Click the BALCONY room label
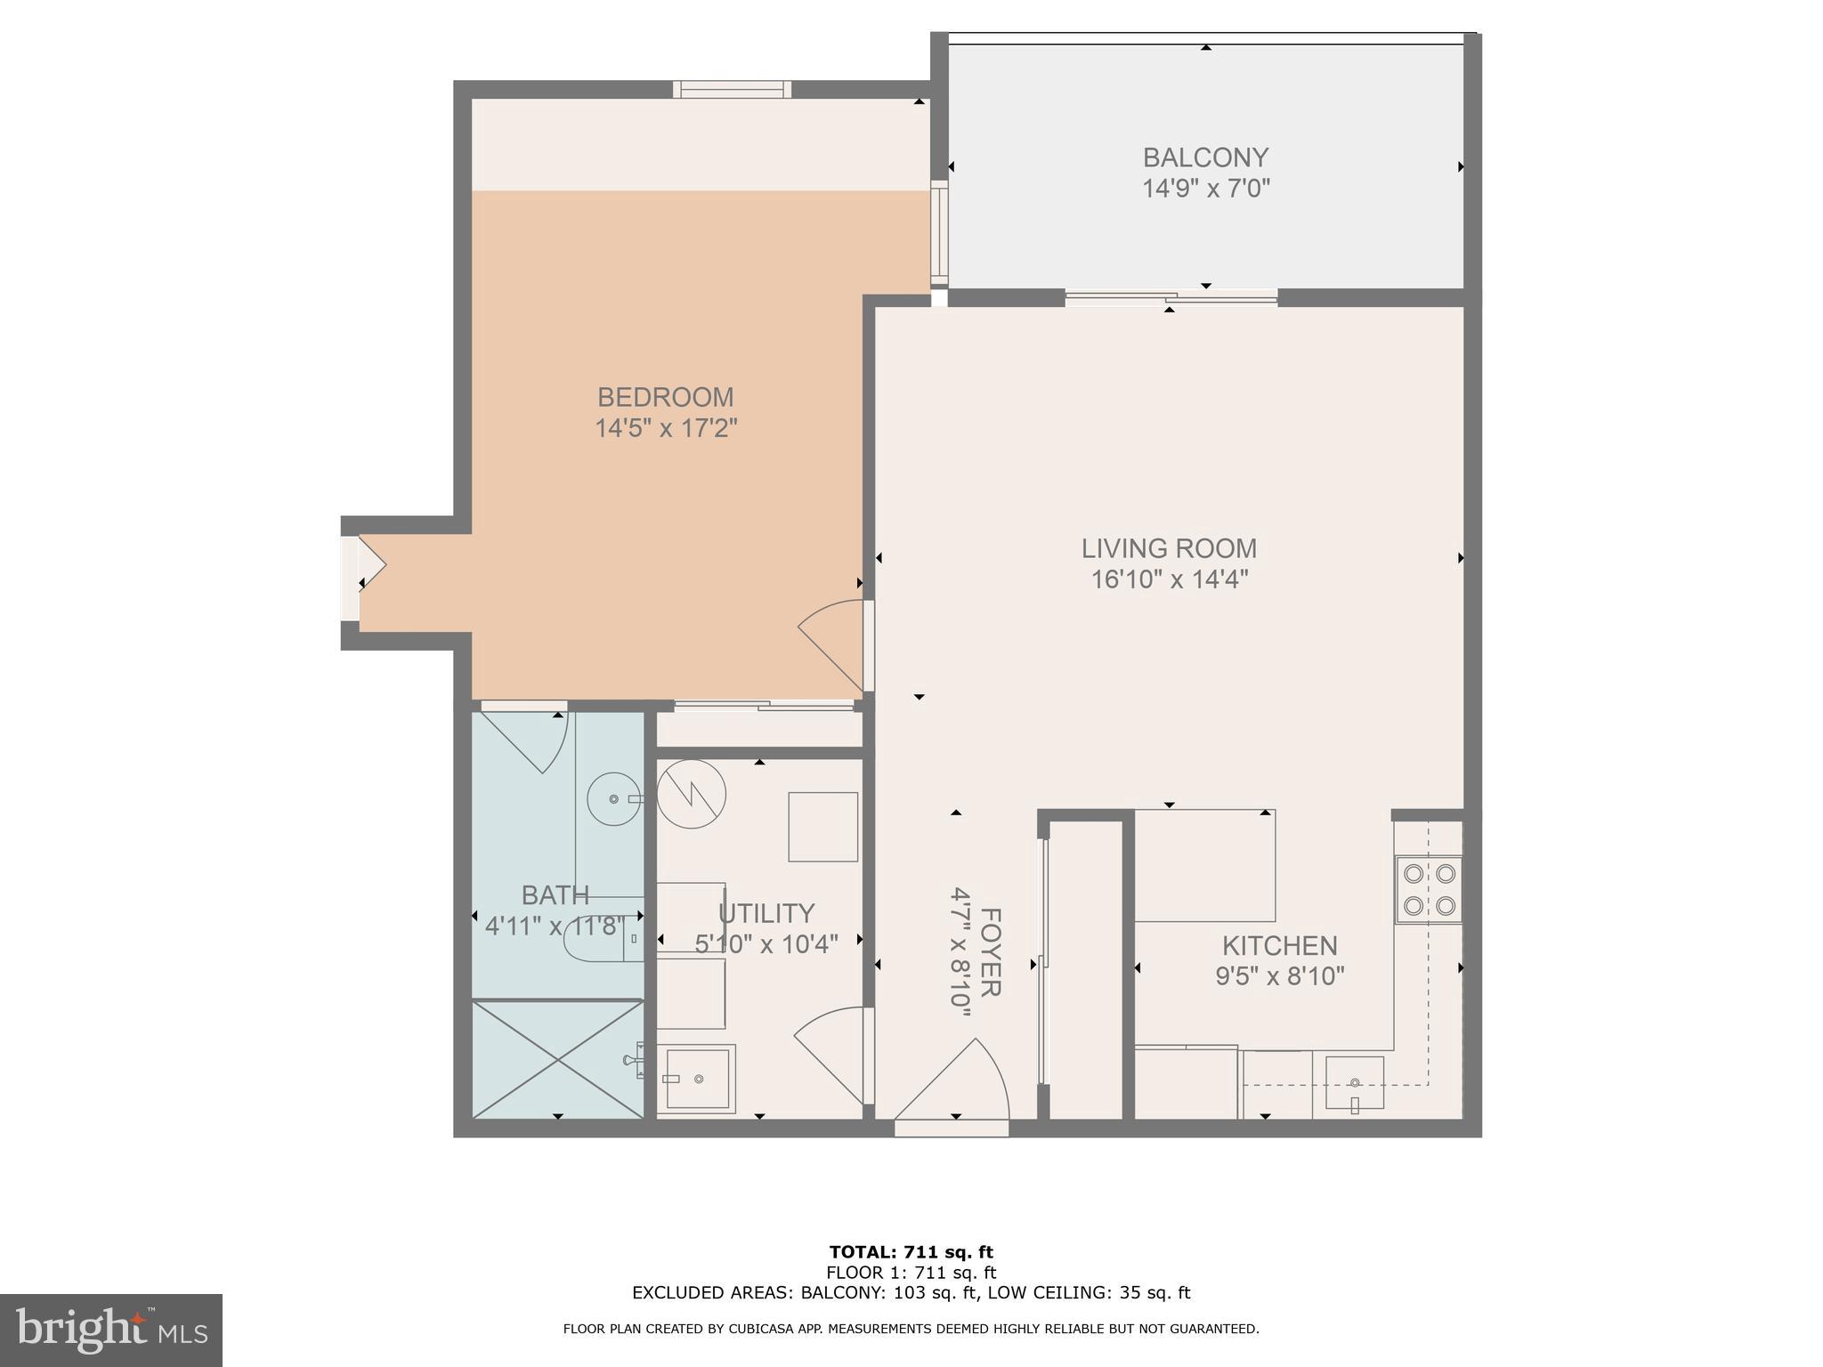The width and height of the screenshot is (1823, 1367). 1205,158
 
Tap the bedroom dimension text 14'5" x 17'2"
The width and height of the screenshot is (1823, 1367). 666,429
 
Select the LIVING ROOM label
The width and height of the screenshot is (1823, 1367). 1169,548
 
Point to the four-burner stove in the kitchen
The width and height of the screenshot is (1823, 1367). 1428,889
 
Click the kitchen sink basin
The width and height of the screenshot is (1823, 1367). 1354,1082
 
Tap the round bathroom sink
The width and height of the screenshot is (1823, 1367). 614,799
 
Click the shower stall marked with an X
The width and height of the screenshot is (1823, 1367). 557,1059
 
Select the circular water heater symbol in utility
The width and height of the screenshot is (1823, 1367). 692,794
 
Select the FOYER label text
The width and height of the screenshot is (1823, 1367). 990,952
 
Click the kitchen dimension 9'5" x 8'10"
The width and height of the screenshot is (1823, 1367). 1279,977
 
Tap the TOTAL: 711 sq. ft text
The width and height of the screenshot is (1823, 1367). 911,1253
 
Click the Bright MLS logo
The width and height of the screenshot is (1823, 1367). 110,1330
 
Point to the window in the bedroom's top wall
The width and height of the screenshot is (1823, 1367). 732,89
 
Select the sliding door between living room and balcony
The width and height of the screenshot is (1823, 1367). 1171,298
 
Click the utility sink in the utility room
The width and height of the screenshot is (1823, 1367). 699,1079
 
